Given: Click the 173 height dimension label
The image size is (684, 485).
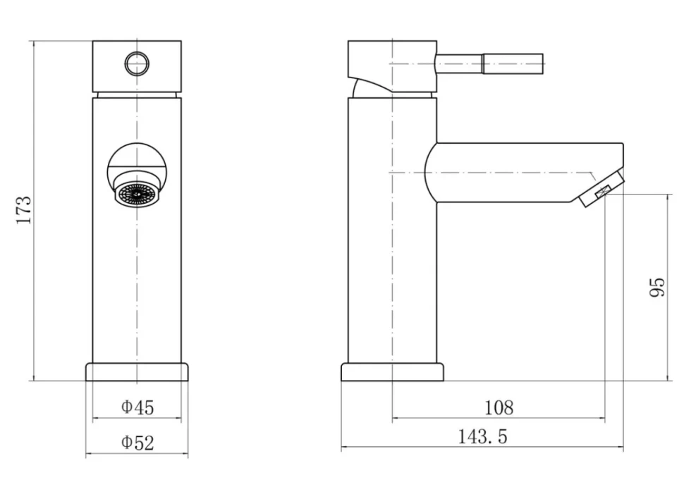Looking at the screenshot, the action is point(24,210).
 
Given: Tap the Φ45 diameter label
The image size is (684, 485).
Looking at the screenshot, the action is point(138,407).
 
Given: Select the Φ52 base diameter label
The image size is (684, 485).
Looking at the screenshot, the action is point(138,443).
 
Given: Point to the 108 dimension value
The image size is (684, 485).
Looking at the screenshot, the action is point(499,407).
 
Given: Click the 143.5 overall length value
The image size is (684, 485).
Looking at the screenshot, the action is point(483,436).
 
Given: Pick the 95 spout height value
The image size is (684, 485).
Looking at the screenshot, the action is point(657,287).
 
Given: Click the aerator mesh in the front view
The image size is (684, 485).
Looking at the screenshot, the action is point(138,193).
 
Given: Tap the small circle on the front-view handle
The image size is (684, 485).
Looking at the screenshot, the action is point(137,63).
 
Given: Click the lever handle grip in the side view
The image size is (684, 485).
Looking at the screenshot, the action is point(513,63).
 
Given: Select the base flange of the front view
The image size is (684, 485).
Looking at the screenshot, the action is point(137,372).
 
